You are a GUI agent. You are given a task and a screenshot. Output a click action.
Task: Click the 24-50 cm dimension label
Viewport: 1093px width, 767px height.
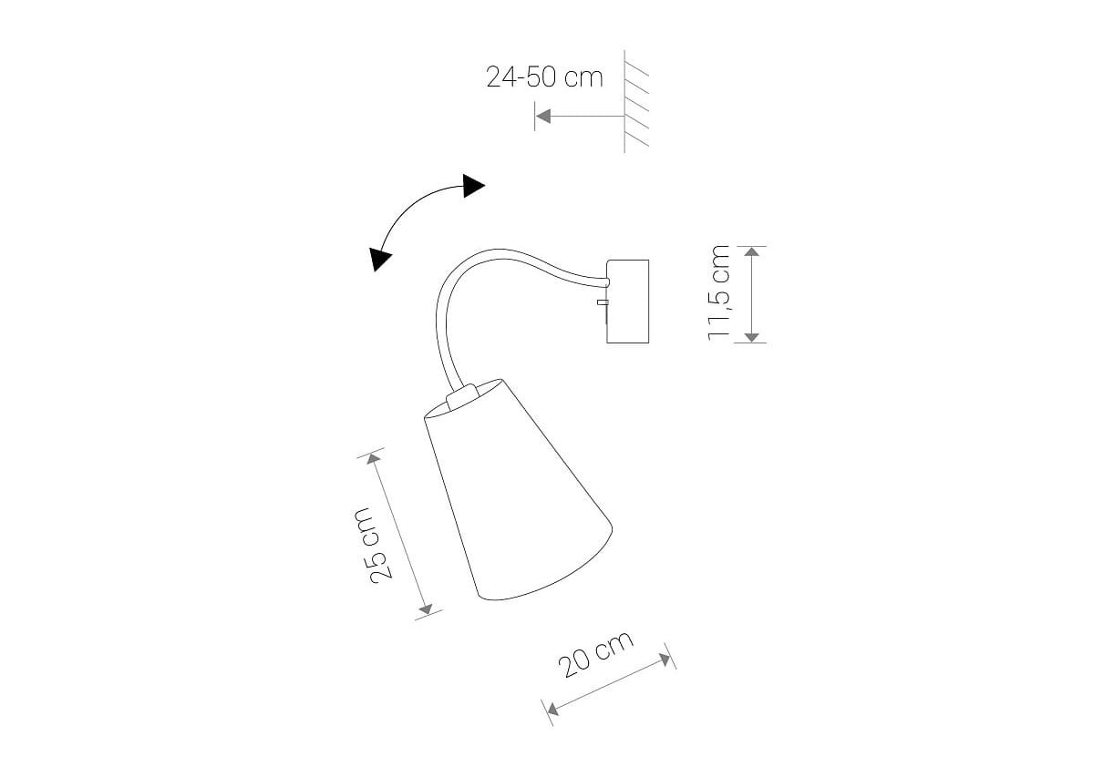(x=544, y=77)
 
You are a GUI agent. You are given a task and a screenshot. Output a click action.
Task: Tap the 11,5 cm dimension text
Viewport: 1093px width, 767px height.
(x=718, y=292)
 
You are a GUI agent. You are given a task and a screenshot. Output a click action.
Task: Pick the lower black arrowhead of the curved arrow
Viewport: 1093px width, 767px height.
(x=381, y=259)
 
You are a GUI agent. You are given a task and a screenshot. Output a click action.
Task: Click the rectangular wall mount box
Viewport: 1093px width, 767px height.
(x=627, y=301)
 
